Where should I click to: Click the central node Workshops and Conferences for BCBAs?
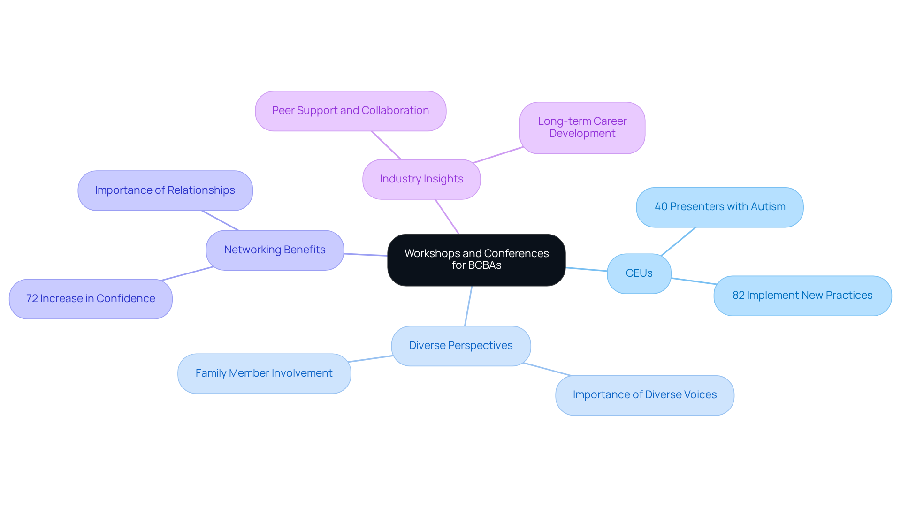click(x=476, y=259)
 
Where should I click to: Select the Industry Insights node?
click(x=421, y=179)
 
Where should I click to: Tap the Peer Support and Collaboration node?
click(x=351, y=111)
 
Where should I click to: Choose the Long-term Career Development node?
click(x=582, y=128)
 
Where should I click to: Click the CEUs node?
click(x=639, y=273)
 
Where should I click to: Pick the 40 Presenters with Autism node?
click(x=719, y=207)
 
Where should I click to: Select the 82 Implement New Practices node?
click(x=802, y=296)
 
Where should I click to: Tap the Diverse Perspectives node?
click(x=461, y=346)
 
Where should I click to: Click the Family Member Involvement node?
click(x=264, y=373)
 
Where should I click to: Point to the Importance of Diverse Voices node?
click(x=644, y=395)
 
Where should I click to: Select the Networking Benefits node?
click(x=275, y=250)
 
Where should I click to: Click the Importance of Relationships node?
click(x=165, y=190)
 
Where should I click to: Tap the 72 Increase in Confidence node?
click(x=91, y=299)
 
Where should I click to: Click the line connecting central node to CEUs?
click(x=587, y=269)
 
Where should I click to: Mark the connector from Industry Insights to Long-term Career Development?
click(x=498, y=155)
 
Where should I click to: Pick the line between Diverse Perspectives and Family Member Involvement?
click(x=371, y=359)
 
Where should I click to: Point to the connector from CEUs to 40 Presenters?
click(x=678, y=242)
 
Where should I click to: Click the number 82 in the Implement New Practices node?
click(x=738, y=296)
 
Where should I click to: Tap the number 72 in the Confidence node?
click(x=32, y=299)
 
